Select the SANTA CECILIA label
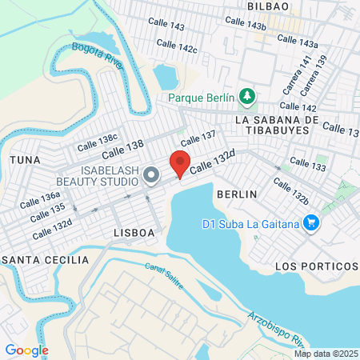[45, 261]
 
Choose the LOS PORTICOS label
[315, 266]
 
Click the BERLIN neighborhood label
[237, 194]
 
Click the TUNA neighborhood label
[24, 160]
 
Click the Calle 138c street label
[97, 142]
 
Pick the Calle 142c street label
[177, 48]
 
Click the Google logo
[26, 350]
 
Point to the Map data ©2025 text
[324, 354]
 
